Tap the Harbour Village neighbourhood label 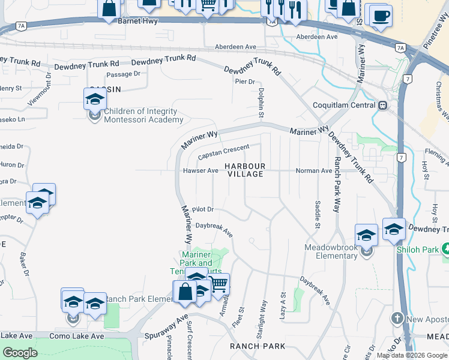click(245, 170)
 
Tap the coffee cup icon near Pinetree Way click(379, 16)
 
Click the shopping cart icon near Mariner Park click(219, 283)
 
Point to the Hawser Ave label click(200, 170)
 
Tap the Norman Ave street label click(314, 170)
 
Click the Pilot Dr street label click(203, 209)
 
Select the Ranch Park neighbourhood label click(258, 346)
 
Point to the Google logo click(20, 353)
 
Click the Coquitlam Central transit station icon click(382, 105)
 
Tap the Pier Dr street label click(245, 82)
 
